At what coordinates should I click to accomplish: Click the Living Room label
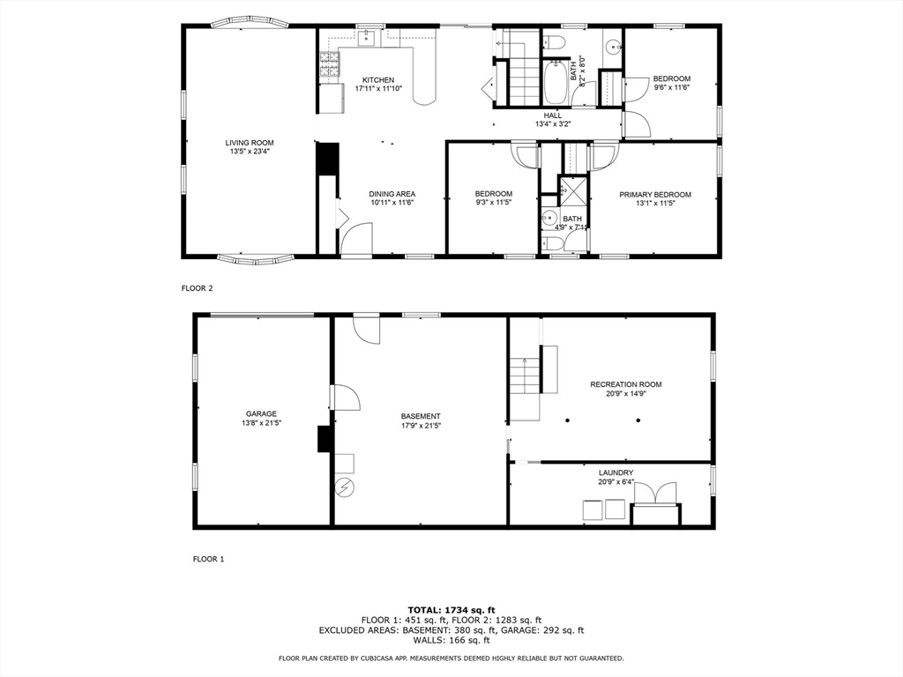tap(250, 143)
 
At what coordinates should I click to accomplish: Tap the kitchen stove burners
tap(330, 64)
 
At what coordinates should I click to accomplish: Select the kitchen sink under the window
tap(366, 38)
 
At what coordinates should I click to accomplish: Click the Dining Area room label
tap(392, 194)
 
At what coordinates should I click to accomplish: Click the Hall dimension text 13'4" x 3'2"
tap(553, 123)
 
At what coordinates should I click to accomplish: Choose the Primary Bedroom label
tap(655, 195)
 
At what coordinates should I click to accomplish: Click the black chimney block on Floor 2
tap(327, 159)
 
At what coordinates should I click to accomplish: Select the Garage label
tap(261, 413)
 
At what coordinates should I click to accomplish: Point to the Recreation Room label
tap(626, 384)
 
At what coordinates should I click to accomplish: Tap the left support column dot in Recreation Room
tap(567, 420)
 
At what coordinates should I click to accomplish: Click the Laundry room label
tap(616, 472)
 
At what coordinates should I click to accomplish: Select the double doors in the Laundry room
tap(656, 494)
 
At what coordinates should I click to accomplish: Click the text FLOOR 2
tap(197, 288)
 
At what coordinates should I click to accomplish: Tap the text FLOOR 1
tap(208, 559)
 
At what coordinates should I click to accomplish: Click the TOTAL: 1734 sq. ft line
tap(451, 610)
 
